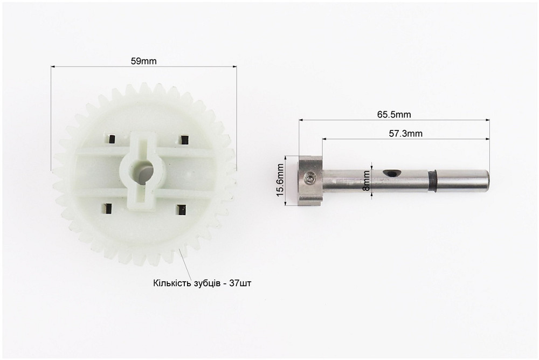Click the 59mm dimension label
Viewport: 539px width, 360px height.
[143, 61]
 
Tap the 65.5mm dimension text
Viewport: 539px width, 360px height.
[394, 114]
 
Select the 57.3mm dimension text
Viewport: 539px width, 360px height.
[406, 134]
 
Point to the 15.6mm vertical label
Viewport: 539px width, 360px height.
[280, 180]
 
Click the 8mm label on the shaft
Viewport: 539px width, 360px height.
[367, 181]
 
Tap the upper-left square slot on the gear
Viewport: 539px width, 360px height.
[111, 139]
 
